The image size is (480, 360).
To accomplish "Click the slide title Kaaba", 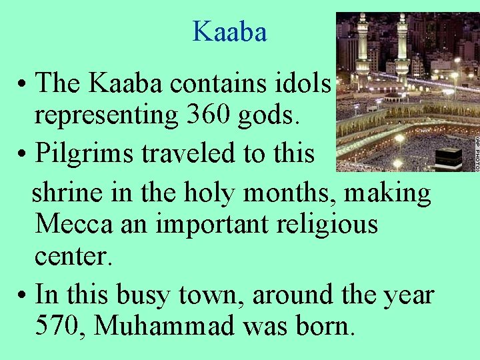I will pos(229,31).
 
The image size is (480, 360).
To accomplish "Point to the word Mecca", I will pos(73,224).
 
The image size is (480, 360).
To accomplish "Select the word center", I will pos(74,257).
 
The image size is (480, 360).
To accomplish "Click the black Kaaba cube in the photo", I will pos(449,157).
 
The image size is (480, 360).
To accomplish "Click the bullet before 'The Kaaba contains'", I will pos(22,85).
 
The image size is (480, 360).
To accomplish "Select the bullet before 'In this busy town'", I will pos(22,295).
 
